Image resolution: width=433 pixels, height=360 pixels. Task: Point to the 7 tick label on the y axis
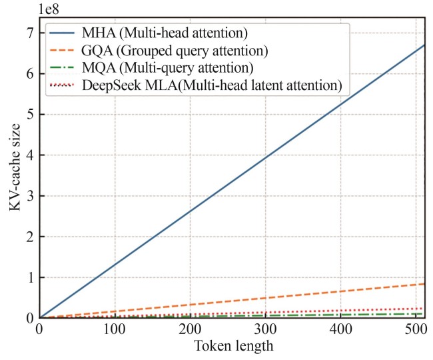(30, 33)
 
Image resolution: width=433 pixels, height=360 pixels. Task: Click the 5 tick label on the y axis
(30, 114)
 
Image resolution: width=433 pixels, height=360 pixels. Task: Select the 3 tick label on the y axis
(30, 195)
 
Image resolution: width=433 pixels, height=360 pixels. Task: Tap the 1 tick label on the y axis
(30, 277)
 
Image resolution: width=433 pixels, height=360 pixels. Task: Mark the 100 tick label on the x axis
(115, 329)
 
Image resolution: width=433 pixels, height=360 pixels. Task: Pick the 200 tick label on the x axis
(191, 329)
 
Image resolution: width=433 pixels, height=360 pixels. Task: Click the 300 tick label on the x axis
(266, 329)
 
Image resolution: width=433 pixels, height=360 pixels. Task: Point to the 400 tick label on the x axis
(341, 329)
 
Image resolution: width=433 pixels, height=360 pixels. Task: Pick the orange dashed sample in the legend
(61, 51)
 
